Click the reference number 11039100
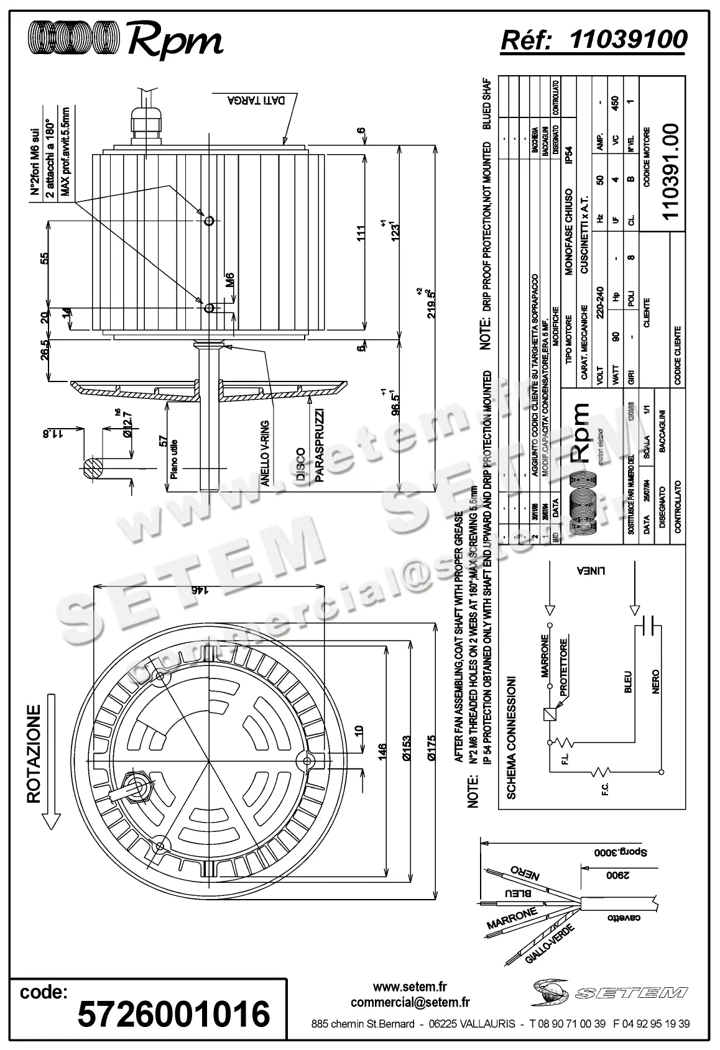[x=628, y=39]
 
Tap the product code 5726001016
[x=173, y=1014]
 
